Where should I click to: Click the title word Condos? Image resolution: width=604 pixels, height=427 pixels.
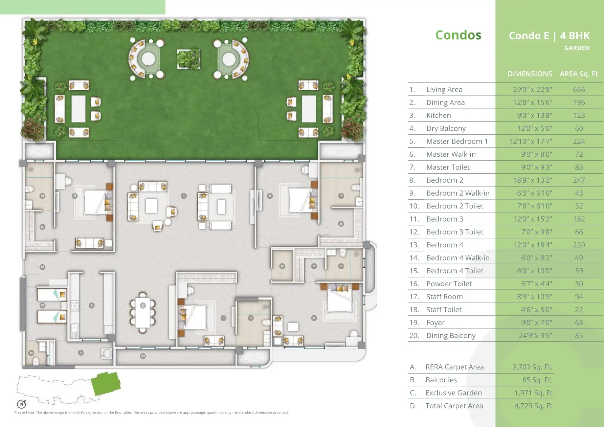tap(458, 35)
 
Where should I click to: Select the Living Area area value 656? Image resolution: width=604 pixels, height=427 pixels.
tap(579, 90)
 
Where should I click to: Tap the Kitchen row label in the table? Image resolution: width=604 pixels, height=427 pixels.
tap(439, 115)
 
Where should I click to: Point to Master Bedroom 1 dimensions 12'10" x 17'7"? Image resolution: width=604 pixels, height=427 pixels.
tap(530, 141)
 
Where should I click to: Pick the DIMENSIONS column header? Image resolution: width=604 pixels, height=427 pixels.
tap(530, 74)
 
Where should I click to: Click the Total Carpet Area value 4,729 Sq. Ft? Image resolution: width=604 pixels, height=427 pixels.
tap(533, 406)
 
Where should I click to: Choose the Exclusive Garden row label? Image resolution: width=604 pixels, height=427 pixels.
tap(453, 393)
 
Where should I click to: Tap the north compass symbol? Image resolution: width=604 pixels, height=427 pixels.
tap(22, 404)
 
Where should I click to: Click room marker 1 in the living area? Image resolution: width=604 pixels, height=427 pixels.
tap(184, 196)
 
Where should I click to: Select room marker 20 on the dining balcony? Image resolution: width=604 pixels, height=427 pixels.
tap(143, 356)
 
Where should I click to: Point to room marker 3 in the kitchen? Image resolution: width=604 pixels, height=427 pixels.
tap(91, 305)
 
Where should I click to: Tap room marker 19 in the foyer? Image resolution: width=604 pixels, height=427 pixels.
tap(42, 267)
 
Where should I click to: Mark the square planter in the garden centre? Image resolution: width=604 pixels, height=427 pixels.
tap(188, 59)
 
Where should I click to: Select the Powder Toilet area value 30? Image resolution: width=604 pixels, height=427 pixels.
tap(579, 284)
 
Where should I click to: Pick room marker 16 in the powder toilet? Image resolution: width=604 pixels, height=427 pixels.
tap(282, 266)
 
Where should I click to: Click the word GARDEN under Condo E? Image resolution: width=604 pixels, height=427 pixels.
tap(577, 48)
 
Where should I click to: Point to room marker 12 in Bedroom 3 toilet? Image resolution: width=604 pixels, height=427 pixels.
tap(251, 318)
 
